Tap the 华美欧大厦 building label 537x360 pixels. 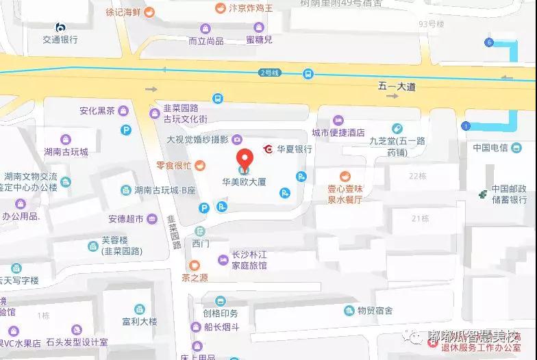point(244,183)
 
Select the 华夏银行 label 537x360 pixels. point(295,149)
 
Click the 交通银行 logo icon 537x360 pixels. point(60,27)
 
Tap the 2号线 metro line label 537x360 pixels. point(270,73)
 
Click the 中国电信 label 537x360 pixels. point(490,148)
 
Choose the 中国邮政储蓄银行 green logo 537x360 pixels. point(484,194)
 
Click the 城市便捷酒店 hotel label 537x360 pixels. point(338,133)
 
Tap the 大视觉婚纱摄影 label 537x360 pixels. point(198,140)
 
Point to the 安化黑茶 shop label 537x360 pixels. point(97,111)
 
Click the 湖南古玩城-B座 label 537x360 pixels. point(164,190)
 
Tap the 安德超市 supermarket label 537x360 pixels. point(125,219)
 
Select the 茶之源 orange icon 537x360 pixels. point(195,265)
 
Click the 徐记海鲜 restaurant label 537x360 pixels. point(124,12)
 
